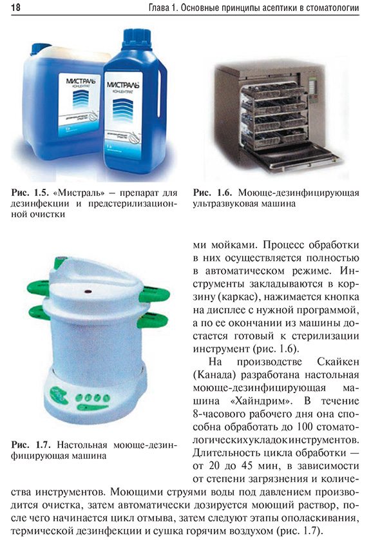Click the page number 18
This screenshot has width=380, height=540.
pos(15,8)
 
